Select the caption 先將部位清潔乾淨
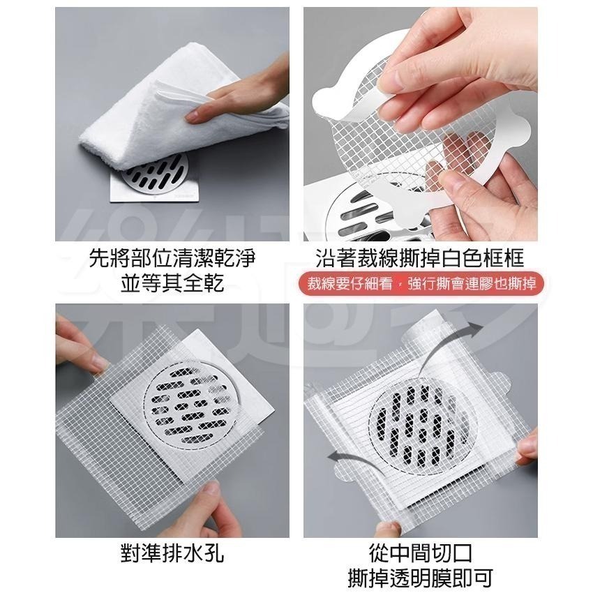pyautogui.click(x=172, y=260)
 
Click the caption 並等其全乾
pyautogui.click(x=172, y=283)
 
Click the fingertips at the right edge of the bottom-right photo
pyautogui.click(x=527, y=446)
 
